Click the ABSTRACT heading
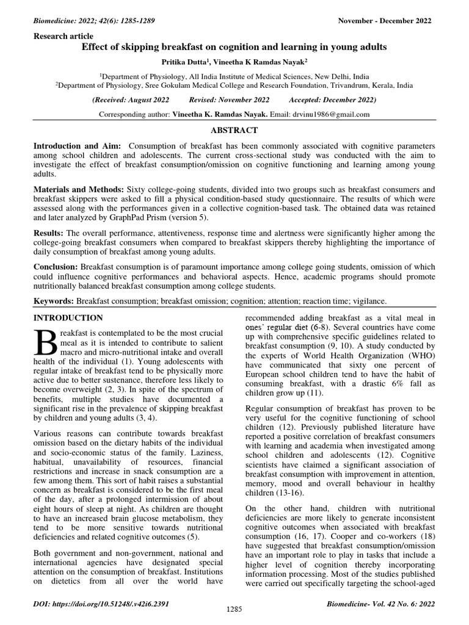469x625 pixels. click(x=234, y=130)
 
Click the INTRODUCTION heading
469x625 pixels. click(x=68, y=318)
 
